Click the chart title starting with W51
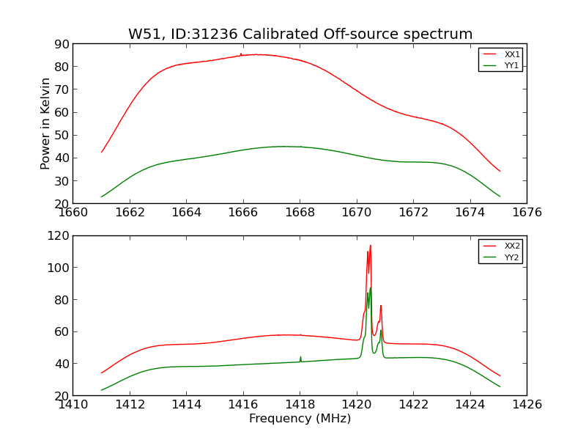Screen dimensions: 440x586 300,34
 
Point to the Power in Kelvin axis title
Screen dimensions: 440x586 45,123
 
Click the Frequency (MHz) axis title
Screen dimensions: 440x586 300,419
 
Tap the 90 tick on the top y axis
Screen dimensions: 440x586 61,45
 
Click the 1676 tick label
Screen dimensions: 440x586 527,213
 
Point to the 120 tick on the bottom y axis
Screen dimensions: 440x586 58,236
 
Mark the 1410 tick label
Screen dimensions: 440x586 73,404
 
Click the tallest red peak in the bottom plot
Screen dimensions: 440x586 370,246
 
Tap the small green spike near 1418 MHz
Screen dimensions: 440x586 300,358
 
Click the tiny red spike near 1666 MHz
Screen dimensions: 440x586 241,54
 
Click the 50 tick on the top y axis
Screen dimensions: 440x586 61,136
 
